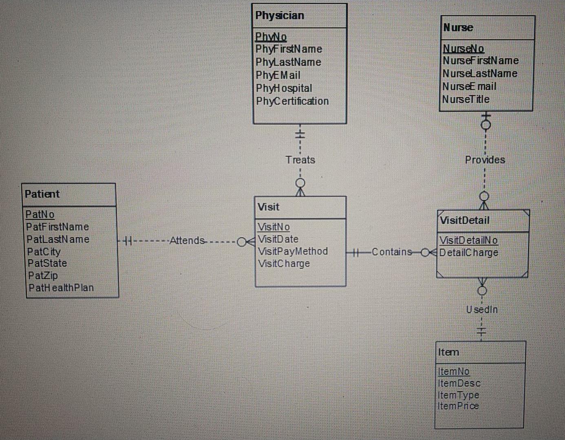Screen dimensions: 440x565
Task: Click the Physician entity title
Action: (280, 15)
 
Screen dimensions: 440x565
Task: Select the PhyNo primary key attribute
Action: (271, 37)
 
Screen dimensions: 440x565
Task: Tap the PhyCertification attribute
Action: (292, 101)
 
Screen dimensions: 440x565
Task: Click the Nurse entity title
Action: (458, 28)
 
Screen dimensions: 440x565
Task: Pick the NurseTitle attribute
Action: (466, 99)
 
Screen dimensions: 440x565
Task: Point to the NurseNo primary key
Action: (463, 48)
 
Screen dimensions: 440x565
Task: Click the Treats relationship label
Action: (300, 160)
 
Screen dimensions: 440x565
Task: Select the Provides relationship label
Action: (485, 160)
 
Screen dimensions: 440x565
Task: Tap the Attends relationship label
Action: (187, 241)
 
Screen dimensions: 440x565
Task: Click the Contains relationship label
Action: (392, 252)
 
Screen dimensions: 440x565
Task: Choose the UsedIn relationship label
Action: (482, 310)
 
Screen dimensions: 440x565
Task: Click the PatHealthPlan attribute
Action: (61, 288)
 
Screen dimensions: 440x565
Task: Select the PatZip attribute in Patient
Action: (43, 276)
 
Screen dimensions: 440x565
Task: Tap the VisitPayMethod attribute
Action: (293, 251)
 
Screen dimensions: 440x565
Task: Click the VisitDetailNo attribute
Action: (468, 240)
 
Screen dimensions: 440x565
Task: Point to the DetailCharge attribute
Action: (469, 253)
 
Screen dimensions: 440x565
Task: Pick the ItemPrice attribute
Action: (458, 406)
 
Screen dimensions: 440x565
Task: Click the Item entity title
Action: (448, 352)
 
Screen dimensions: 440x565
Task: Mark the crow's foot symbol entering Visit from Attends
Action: (250, 242)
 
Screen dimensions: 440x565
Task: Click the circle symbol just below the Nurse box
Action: (486, 125)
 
